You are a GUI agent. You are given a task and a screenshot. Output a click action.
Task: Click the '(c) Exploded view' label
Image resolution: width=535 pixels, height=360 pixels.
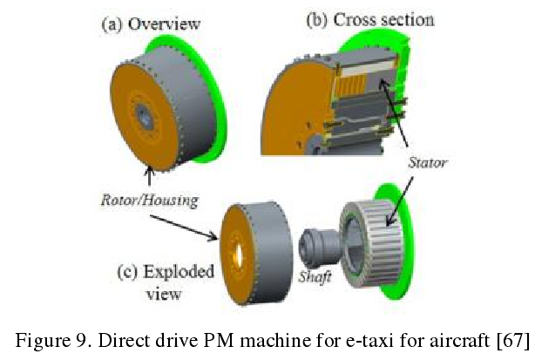point(165,282)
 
